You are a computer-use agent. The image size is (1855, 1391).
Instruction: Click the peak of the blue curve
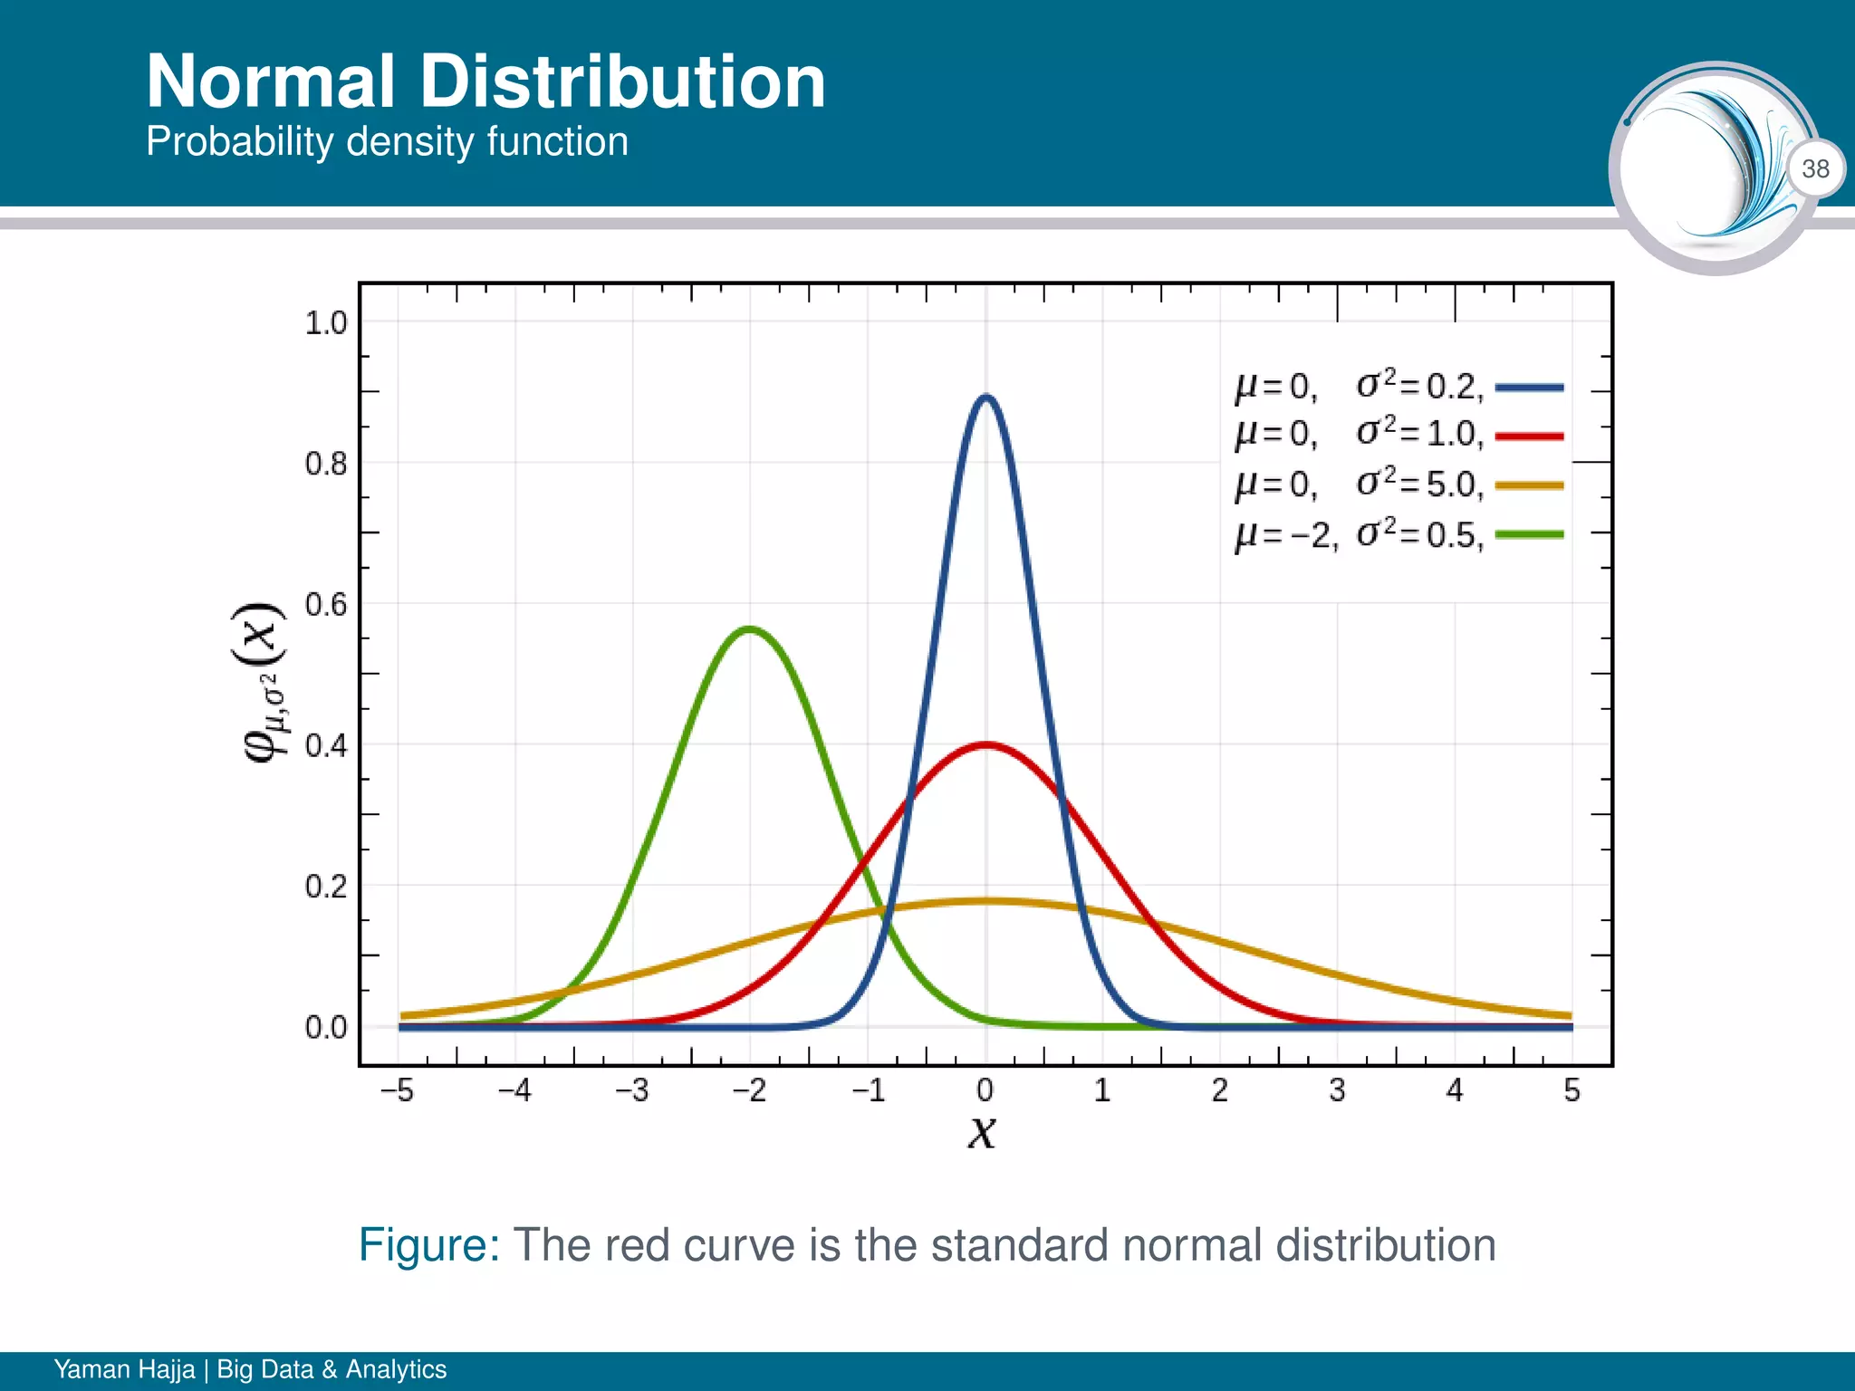(x=986, y=397)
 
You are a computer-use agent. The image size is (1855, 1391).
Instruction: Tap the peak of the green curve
(x=750, y=628)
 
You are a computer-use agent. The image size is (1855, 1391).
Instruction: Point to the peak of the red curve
(x=986, y=745)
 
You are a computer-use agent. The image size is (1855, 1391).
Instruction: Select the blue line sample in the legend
(x=1529, y=388)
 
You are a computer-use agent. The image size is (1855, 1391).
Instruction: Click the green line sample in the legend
(x=1529, y=534)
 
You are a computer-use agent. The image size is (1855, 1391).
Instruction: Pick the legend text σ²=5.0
(x=1419, y=484)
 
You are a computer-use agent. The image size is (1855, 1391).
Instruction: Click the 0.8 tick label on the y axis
(x=326, y=464)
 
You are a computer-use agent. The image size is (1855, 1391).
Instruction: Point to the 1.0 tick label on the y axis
(x=326, y=323)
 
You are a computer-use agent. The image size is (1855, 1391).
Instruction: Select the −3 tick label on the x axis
(x=632, y=1090)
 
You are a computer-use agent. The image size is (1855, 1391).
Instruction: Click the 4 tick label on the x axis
(x=1455, y=1090)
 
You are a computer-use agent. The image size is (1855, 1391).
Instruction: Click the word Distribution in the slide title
(x=622, y=82)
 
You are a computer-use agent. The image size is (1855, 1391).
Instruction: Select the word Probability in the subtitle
(x=240, y=142)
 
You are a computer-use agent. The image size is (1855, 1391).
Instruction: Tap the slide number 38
(x=1815, y=168)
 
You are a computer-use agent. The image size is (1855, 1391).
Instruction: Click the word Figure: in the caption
(x=429, y=1244)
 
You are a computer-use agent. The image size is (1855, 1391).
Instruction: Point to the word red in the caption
(x=638, y=1245)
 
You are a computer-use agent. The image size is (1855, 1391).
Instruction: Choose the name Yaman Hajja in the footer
(x=124, y=1368)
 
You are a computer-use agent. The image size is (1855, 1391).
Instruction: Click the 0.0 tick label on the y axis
(x=326, y=1028)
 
